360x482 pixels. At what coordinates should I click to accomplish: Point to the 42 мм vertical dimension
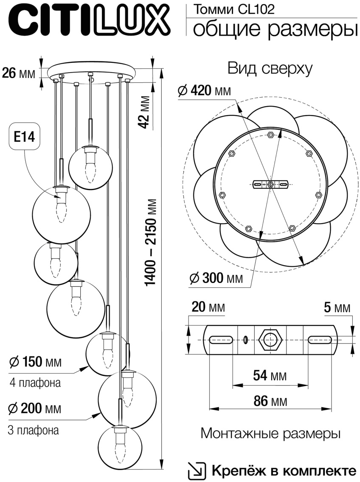click(145, 112)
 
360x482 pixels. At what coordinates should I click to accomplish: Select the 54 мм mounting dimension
click(270, 376)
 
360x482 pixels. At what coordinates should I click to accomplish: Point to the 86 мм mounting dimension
click(270, 401)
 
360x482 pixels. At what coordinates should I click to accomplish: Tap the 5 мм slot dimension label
click(337, 308)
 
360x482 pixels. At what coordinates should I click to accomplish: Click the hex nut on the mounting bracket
click(270, 339)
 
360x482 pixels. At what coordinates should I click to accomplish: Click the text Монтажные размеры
click(271, 434)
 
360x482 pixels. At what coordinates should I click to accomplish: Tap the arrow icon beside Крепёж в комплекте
click(197, 471)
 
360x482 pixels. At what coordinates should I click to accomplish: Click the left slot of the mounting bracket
click(220, 339)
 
